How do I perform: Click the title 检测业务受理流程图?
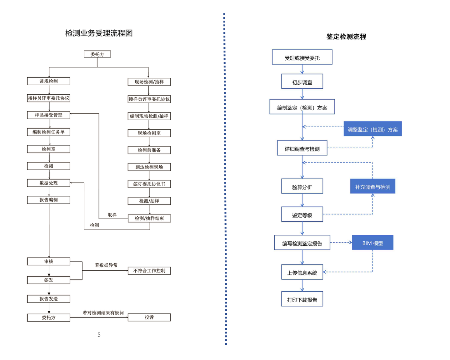tap(99, 33)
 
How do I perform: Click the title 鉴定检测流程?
tap(346, 37)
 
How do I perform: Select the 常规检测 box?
tap(48, 81)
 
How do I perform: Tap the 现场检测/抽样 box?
tap(149, 82)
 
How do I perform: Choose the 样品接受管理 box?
tap(48, 115)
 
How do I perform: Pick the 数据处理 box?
tap(48, 183)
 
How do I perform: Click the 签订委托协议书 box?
tap(149, 184)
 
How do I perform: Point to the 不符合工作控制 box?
tap(149, 271)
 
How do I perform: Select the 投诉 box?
tap(149, 317)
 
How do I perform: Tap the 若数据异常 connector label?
tap(106, 265)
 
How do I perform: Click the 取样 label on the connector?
tap(112, 215)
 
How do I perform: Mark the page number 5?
tap(99, 335)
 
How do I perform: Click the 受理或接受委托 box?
tap(302, 57)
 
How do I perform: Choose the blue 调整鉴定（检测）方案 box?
tap(372, 129)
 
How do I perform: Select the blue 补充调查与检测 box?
tap(372, 186)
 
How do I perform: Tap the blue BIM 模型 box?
tap(372, 243)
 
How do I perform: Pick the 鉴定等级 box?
tap(302, 215)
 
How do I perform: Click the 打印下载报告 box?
tap(302, 299)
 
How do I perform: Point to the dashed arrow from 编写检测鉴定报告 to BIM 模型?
tap(341, 242)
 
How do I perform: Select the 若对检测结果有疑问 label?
tap(103, 313)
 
